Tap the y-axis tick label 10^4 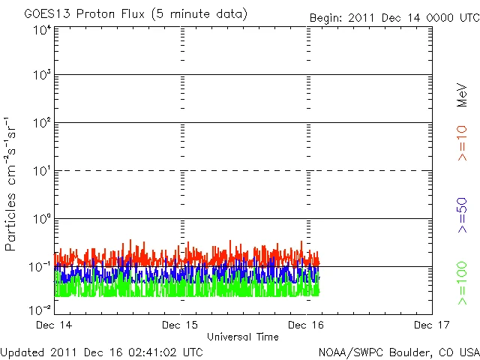41,29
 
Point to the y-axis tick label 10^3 41,76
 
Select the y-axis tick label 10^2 41,124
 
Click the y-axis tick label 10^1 41,172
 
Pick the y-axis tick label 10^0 41,220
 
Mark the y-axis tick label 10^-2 41,309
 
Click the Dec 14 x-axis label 54,325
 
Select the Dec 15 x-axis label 180,325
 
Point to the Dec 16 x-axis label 306,325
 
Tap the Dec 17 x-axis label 432,325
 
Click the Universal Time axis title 242,337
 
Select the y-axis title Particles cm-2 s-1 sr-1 11,184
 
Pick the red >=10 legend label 462,143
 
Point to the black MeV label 462,94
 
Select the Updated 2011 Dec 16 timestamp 102,351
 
